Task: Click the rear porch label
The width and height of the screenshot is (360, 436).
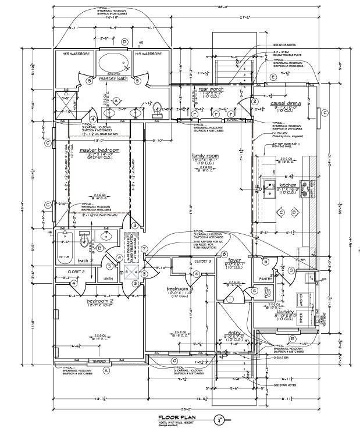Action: tap(209, 88)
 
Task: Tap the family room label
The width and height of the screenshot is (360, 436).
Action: tap(205, 156)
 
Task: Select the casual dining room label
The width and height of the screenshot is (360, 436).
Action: tap(285, 103)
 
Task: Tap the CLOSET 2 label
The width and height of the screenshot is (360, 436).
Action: tap(76, 271)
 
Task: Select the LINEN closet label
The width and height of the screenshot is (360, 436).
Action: tap(109, 279)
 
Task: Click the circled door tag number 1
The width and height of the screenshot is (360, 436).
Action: tap(230, 299)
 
